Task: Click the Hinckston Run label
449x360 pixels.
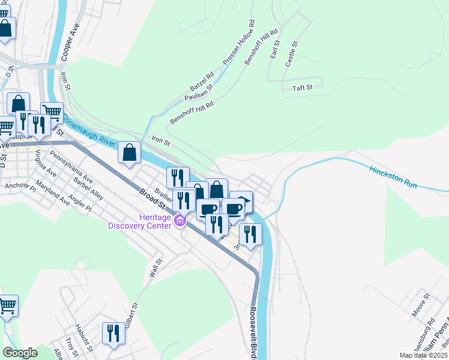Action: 393,177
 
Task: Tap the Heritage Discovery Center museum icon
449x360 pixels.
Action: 179,222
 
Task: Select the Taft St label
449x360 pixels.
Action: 303,88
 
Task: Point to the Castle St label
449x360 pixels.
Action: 291,53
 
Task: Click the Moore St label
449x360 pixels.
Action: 421,305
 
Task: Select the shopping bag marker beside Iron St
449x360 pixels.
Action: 130,152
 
